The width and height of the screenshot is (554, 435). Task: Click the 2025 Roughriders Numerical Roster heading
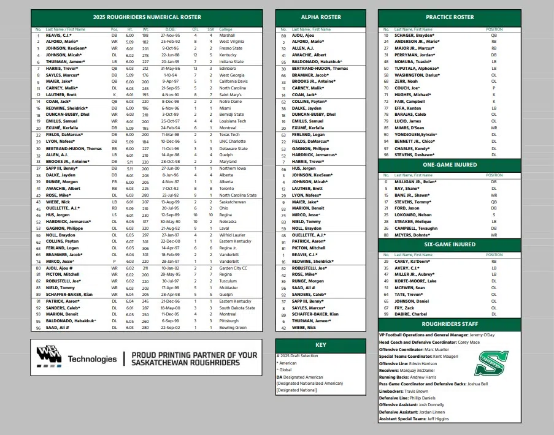coord(147,17)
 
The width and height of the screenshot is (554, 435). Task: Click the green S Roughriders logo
coord(491,362)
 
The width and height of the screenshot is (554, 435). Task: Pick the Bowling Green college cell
coord(233,328)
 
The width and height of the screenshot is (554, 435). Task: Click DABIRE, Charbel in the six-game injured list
coord(410,314)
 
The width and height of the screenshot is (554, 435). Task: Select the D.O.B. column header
coord(170,29)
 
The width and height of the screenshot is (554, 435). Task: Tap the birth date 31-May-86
coord(170,68)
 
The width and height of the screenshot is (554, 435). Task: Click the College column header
coord(225,29)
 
